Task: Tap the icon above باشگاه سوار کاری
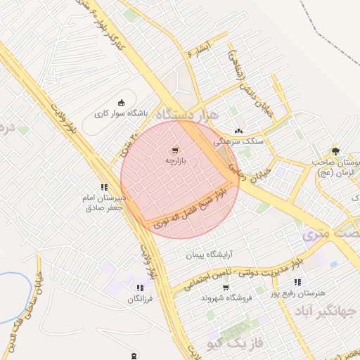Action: click(x=122, y=102)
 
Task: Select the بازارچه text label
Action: click(x=173, y=161)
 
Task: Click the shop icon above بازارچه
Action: click(x=174, y=150)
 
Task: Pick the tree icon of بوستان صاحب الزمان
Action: click(x=335, y=150)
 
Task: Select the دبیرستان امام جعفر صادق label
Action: click(x=104, y=202)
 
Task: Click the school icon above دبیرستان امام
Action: click(x=104, y=187)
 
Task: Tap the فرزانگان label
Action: click(x=140, y=299)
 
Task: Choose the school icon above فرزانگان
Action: click(x=140, y=288)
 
